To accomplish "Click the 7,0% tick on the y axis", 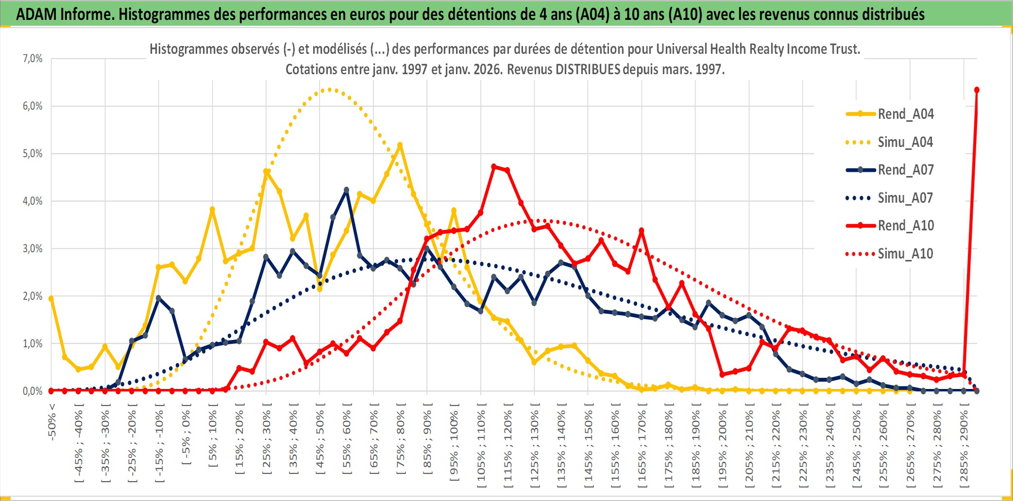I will click(33, 59).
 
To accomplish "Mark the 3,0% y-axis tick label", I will click(33, 249).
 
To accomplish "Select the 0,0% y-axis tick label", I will click(33, 391).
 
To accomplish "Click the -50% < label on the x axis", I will click(52, 422).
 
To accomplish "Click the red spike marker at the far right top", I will click(977, 90).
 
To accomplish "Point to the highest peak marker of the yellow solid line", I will click(400, 145).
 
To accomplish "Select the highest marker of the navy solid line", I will click(346, 190).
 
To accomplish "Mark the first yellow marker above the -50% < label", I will click(51, 299).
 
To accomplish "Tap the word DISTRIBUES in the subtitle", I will click(588, 69).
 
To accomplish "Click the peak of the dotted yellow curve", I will click(330, 89).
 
